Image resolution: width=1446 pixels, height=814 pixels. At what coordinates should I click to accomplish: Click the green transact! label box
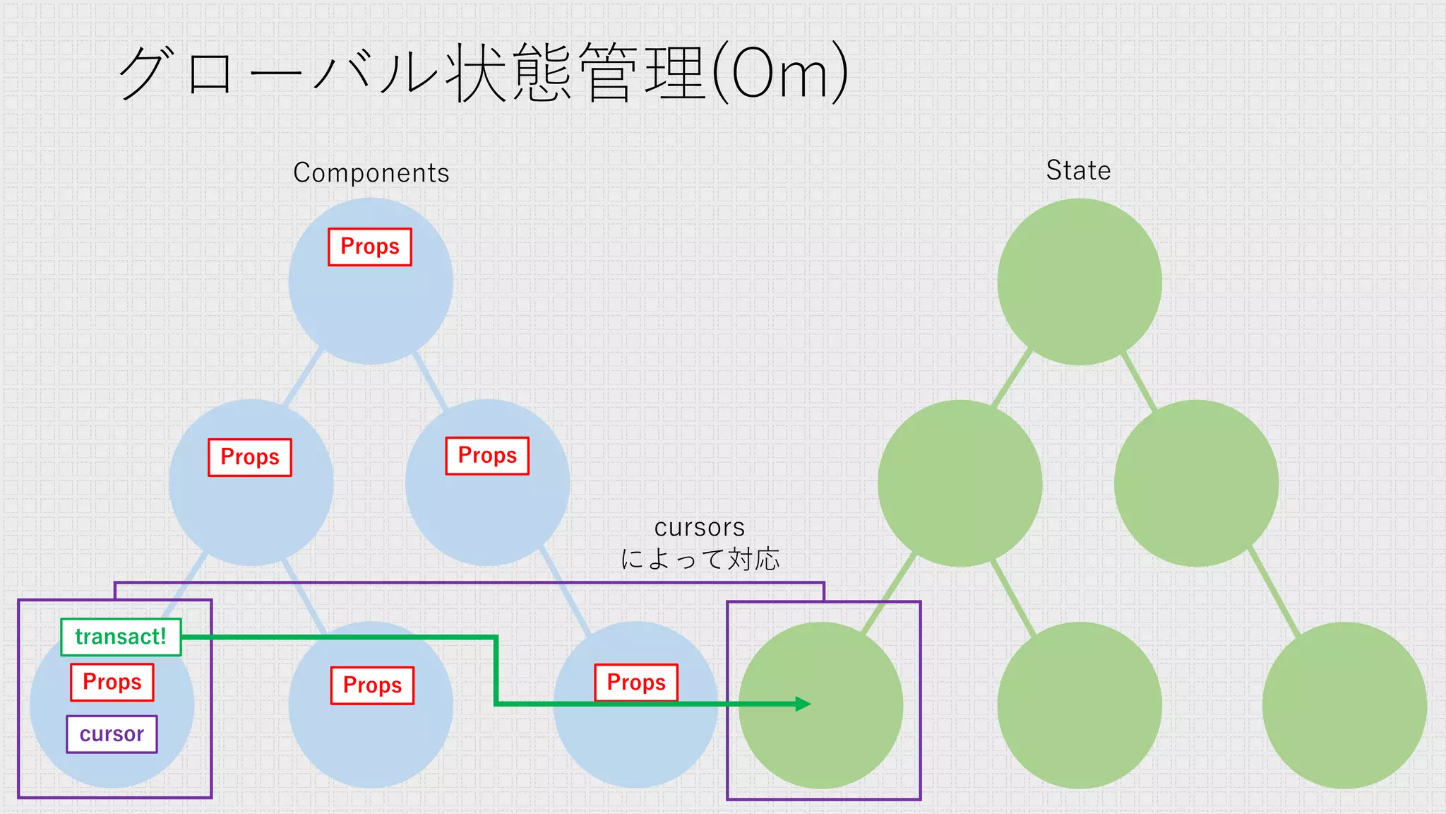click(x=121, y=637)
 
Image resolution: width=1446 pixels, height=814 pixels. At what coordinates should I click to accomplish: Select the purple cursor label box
click(x=112, y=734)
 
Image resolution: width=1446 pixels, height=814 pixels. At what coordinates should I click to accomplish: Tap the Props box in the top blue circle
click(x=370, y=247)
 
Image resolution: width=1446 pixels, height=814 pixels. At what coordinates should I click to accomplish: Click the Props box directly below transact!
click(x=112, y=682)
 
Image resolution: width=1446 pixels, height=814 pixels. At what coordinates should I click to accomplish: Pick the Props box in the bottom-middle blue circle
click(x=372, y=685)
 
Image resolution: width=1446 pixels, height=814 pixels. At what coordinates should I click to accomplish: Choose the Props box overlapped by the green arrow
click(x=636, y=683)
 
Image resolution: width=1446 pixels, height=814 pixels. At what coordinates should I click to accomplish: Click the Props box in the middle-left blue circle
click(x=250, y=457)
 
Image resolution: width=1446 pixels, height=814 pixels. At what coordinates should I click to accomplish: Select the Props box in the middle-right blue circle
click(x=487, y=456)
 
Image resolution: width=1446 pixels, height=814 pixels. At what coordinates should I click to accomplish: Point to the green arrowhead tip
click(x=809, y=704)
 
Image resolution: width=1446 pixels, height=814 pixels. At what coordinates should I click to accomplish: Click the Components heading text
click(x=371, y=173)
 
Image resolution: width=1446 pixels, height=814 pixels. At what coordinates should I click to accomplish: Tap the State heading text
click(x=1078, y=171)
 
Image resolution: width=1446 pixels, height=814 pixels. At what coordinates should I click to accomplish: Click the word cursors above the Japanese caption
click(x=700, y=528)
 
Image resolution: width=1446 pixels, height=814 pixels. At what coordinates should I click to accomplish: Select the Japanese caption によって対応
click(x=700, y=560)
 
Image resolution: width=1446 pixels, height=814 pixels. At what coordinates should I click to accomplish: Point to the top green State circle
click(x=1079, y=282)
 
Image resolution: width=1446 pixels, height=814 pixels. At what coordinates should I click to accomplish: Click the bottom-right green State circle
click(x=1344, y=705)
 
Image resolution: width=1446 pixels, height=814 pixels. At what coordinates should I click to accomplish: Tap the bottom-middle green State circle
click(x=1079, y=705)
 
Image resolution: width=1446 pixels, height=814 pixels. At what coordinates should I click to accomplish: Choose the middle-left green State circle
click(x=960, y=483)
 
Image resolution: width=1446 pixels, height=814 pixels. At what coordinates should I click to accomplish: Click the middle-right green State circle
click(x=1196, y=483)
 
